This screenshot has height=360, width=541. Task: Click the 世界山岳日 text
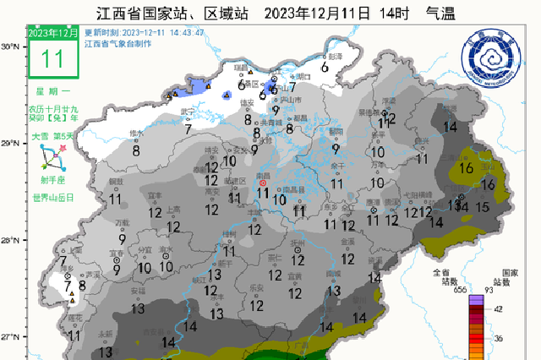53,197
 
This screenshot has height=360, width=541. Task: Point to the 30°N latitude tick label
11,47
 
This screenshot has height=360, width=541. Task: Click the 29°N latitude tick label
11,145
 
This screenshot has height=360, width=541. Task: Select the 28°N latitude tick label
11,241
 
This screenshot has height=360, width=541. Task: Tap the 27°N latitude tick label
11,337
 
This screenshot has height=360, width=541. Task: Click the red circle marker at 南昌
262,183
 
